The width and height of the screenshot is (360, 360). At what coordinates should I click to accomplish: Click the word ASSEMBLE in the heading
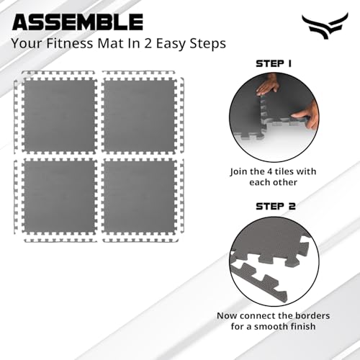coord(78,21)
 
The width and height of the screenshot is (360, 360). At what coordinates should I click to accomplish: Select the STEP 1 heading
coord(274,63)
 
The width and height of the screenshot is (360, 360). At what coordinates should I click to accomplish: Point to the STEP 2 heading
coord(274,205)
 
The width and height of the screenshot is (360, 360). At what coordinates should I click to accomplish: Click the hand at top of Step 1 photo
coord(269,86)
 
